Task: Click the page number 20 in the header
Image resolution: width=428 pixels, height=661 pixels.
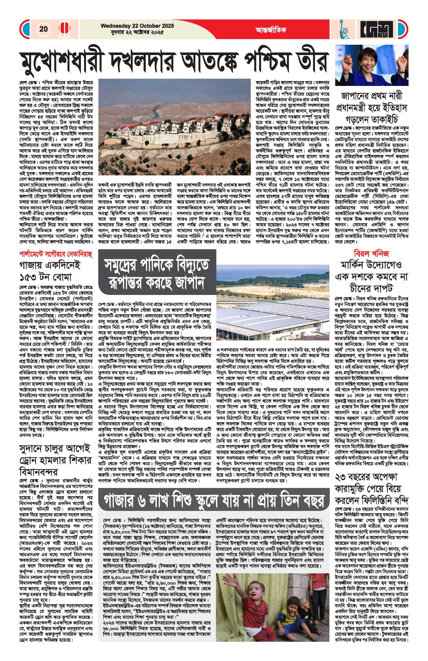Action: point(44,29)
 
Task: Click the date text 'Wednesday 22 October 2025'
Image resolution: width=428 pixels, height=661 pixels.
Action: point(137,26)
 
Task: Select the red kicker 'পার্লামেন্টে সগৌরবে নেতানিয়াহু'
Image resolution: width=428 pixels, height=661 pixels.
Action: point(56,254)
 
